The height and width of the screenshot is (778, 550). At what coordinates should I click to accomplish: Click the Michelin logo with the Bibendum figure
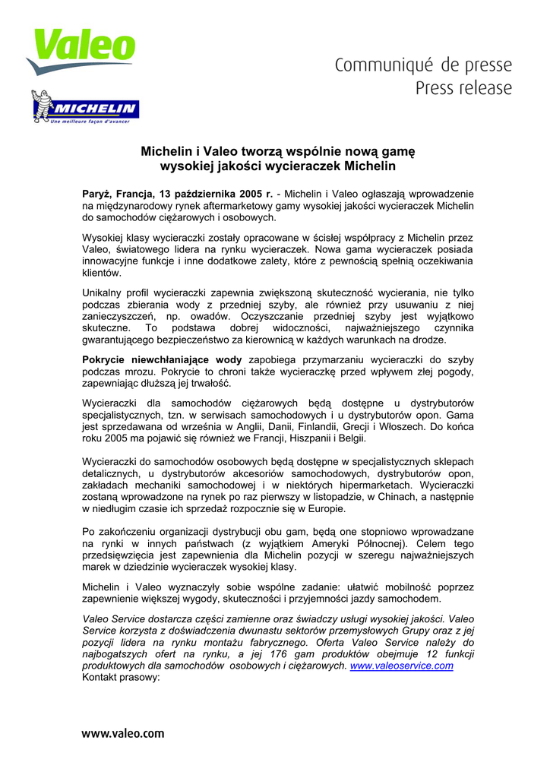click(x=85, y=107)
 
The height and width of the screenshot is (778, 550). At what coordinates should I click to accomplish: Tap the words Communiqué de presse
click(x=424, y=66)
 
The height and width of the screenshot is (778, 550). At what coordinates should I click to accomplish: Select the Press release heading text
click(x=463, y=88)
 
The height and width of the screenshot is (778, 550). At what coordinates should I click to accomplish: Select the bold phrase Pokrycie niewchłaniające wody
click(x=162, y=359)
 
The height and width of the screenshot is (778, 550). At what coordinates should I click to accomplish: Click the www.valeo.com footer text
click(x=122, y=733)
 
